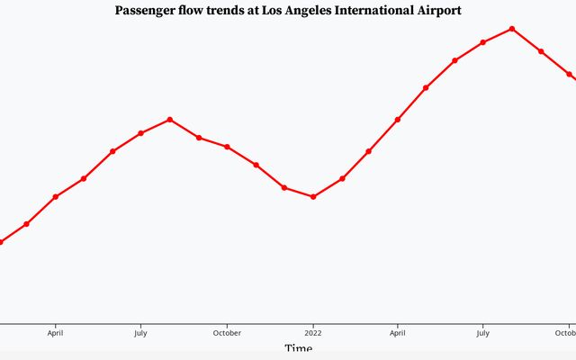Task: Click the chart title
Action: click(288, 11)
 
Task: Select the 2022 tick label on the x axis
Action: click(313, 332)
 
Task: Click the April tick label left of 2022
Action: click(56, 332)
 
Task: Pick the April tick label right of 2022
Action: click(398, 332)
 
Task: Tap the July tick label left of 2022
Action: click(140, 332)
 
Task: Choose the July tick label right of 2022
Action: click(483, 332)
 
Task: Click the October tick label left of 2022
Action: click(227, 332)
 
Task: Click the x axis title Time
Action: click(298, 348)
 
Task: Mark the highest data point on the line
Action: click(512, 29)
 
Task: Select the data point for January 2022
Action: click(313, 196)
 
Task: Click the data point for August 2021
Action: click(170, 120)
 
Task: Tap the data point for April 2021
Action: click(56, 196)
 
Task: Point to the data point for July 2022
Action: click(483, 42)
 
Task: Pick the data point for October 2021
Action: click(227, 147)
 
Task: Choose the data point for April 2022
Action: click(398, 120)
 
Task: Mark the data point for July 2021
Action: click(140, 133)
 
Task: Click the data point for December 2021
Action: click(284, 187)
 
